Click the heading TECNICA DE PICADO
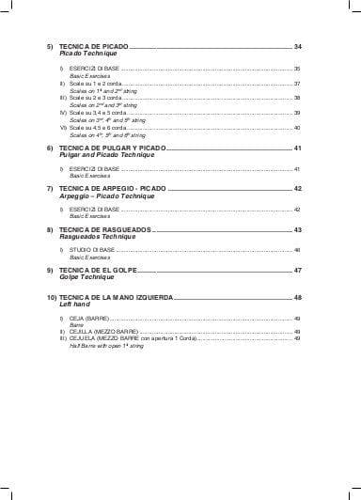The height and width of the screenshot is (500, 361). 92,46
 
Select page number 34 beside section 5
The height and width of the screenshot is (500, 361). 297,46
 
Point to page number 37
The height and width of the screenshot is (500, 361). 297,84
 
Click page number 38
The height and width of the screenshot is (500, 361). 297,98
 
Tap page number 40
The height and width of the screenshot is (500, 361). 297,127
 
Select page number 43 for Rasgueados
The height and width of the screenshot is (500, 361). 297,229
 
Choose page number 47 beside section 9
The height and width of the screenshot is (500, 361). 297,270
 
